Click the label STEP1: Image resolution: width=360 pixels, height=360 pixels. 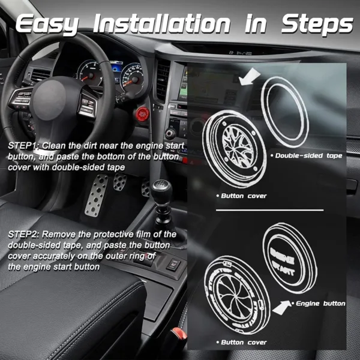(24, 146)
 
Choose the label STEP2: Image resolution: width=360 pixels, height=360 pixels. (24, 234)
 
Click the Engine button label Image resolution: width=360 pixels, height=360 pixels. (320, 304)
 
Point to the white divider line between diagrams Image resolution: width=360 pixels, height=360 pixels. (269, 211)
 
